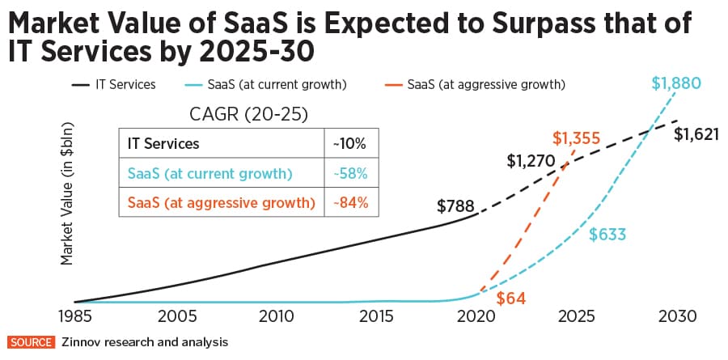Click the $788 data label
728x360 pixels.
(455, 205)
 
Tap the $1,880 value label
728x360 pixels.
(675, 83)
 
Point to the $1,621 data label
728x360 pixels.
(698, 134)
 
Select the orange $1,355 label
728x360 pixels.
(576, 138)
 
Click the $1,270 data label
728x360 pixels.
(531, 160)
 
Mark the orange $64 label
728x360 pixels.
(510, 298)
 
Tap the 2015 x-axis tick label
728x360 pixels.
(377, 316)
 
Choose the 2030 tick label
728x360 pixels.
(675, 316)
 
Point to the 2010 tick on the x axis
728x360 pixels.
(277, 316)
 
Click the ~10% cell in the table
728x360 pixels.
(349, 144)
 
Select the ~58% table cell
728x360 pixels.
(349, 173)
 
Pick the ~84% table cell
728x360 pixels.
(349, 203)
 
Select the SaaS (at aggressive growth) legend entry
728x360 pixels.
(486, 83)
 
